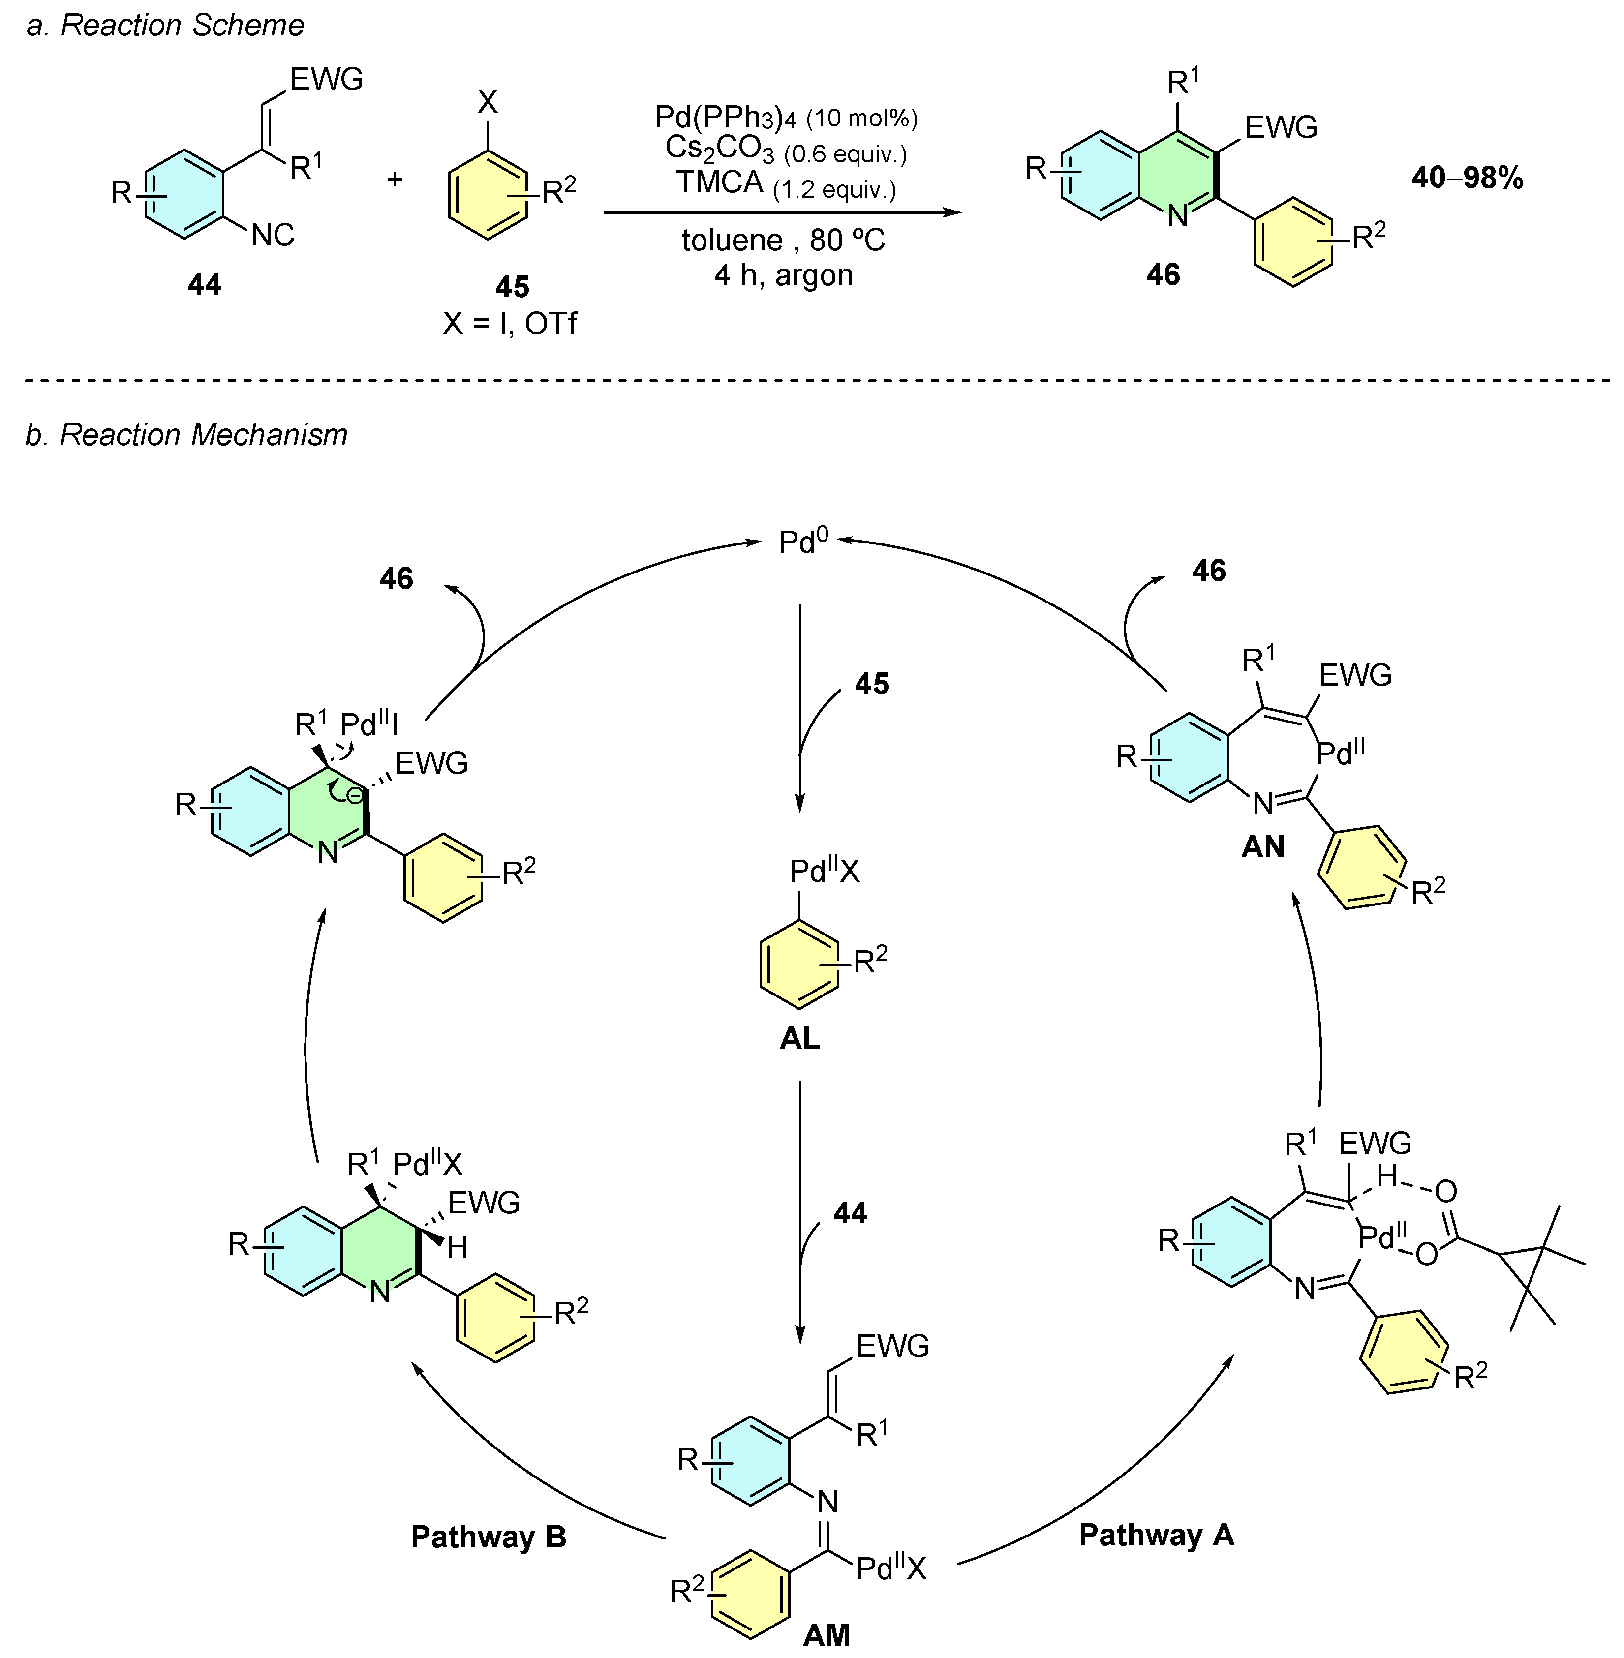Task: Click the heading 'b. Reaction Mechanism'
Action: (x=186, y=435)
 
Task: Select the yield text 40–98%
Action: (x=1467, y=178)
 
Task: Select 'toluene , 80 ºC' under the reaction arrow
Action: (x=783, y=241)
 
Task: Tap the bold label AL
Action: (x=799, y=1038)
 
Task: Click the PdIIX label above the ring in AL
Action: (x=824, y=871)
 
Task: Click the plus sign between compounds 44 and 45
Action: (x=394, y=180)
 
